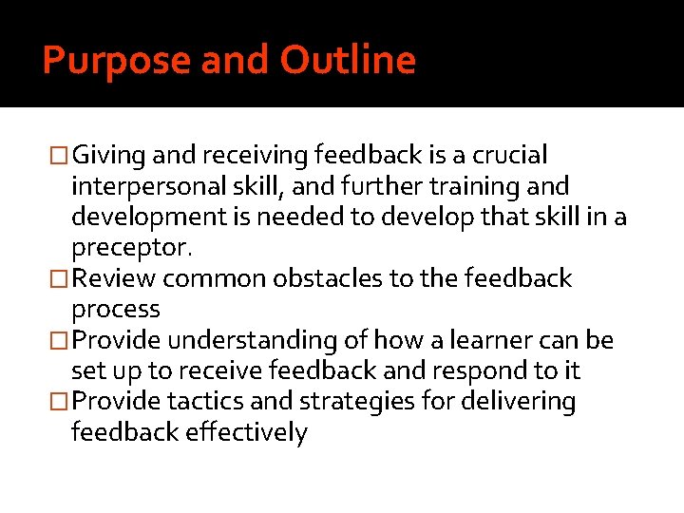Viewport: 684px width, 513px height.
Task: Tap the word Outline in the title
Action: [348, 61]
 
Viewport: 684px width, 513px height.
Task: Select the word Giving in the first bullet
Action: [106, 155]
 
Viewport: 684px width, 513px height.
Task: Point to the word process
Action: [116, 310]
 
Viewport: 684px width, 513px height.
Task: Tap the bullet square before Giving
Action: [59, 155]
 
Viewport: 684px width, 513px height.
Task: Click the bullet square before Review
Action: [59, 279]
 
